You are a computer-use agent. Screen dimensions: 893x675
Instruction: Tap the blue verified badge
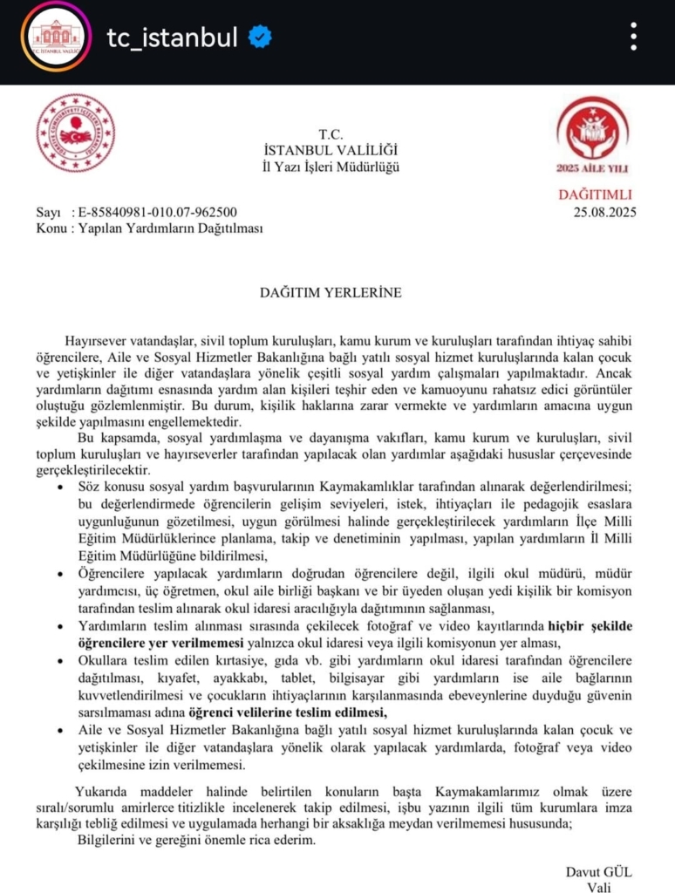coord(261,37)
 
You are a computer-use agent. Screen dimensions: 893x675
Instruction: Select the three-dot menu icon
coord(634,37)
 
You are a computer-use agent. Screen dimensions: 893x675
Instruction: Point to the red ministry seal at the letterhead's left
coord(76,133)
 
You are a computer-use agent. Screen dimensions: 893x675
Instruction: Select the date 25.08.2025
coord(603,211)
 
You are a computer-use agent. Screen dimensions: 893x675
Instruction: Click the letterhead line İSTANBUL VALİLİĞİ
coord(331,151)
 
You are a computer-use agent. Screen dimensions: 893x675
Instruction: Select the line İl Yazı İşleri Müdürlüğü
coord(331,167)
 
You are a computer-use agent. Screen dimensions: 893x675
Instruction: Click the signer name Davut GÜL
coord(598,872)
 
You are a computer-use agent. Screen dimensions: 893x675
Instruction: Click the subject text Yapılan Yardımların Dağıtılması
coord(164,228)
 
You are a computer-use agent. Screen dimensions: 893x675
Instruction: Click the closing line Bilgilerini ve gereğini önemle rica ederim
coord(192,841)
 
